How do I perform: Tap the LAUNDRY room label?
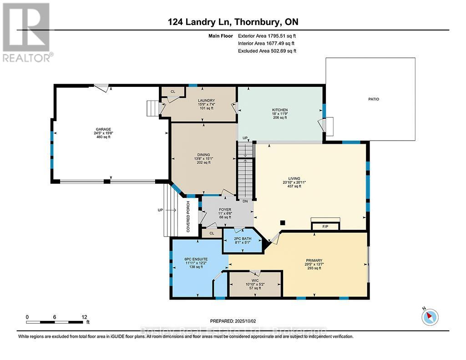206,101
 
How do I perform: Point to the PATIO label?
374,99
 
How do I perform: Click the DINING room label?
203,154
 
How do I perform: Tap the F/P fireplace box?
325,226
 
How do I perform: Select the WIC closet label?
255,280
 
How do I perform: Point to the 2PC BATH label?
242,238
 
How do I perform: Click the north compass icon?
430,317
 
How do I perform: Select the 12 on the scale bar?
84,317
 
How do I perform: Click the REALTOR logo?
27,32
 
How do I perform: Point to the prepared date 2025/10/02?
243,320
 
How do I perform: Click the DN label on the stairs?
245,201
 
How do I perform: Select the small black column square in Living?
283,223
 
